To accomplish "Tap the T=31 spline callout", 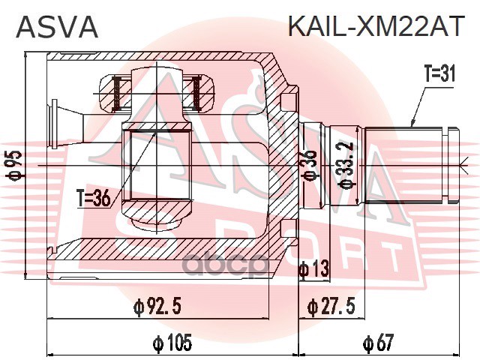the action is tap(439, 76).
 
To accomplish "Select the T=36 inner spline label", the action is tap(94, 199).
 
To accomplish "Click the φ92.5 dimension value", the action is tap(158, 305).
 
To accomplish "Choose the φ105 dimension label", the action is tap(172, 343).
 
